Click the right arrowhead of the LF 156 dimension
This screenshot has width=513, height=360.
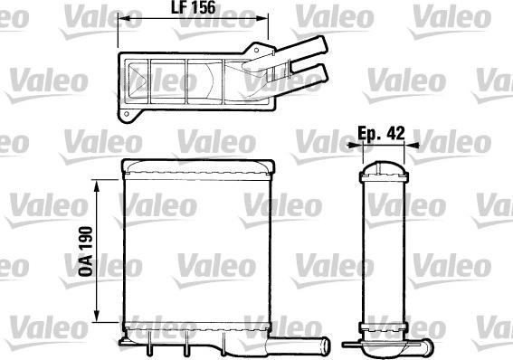pos(266,20)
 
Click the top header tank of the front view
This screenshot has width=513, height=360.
pos(198,166)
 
